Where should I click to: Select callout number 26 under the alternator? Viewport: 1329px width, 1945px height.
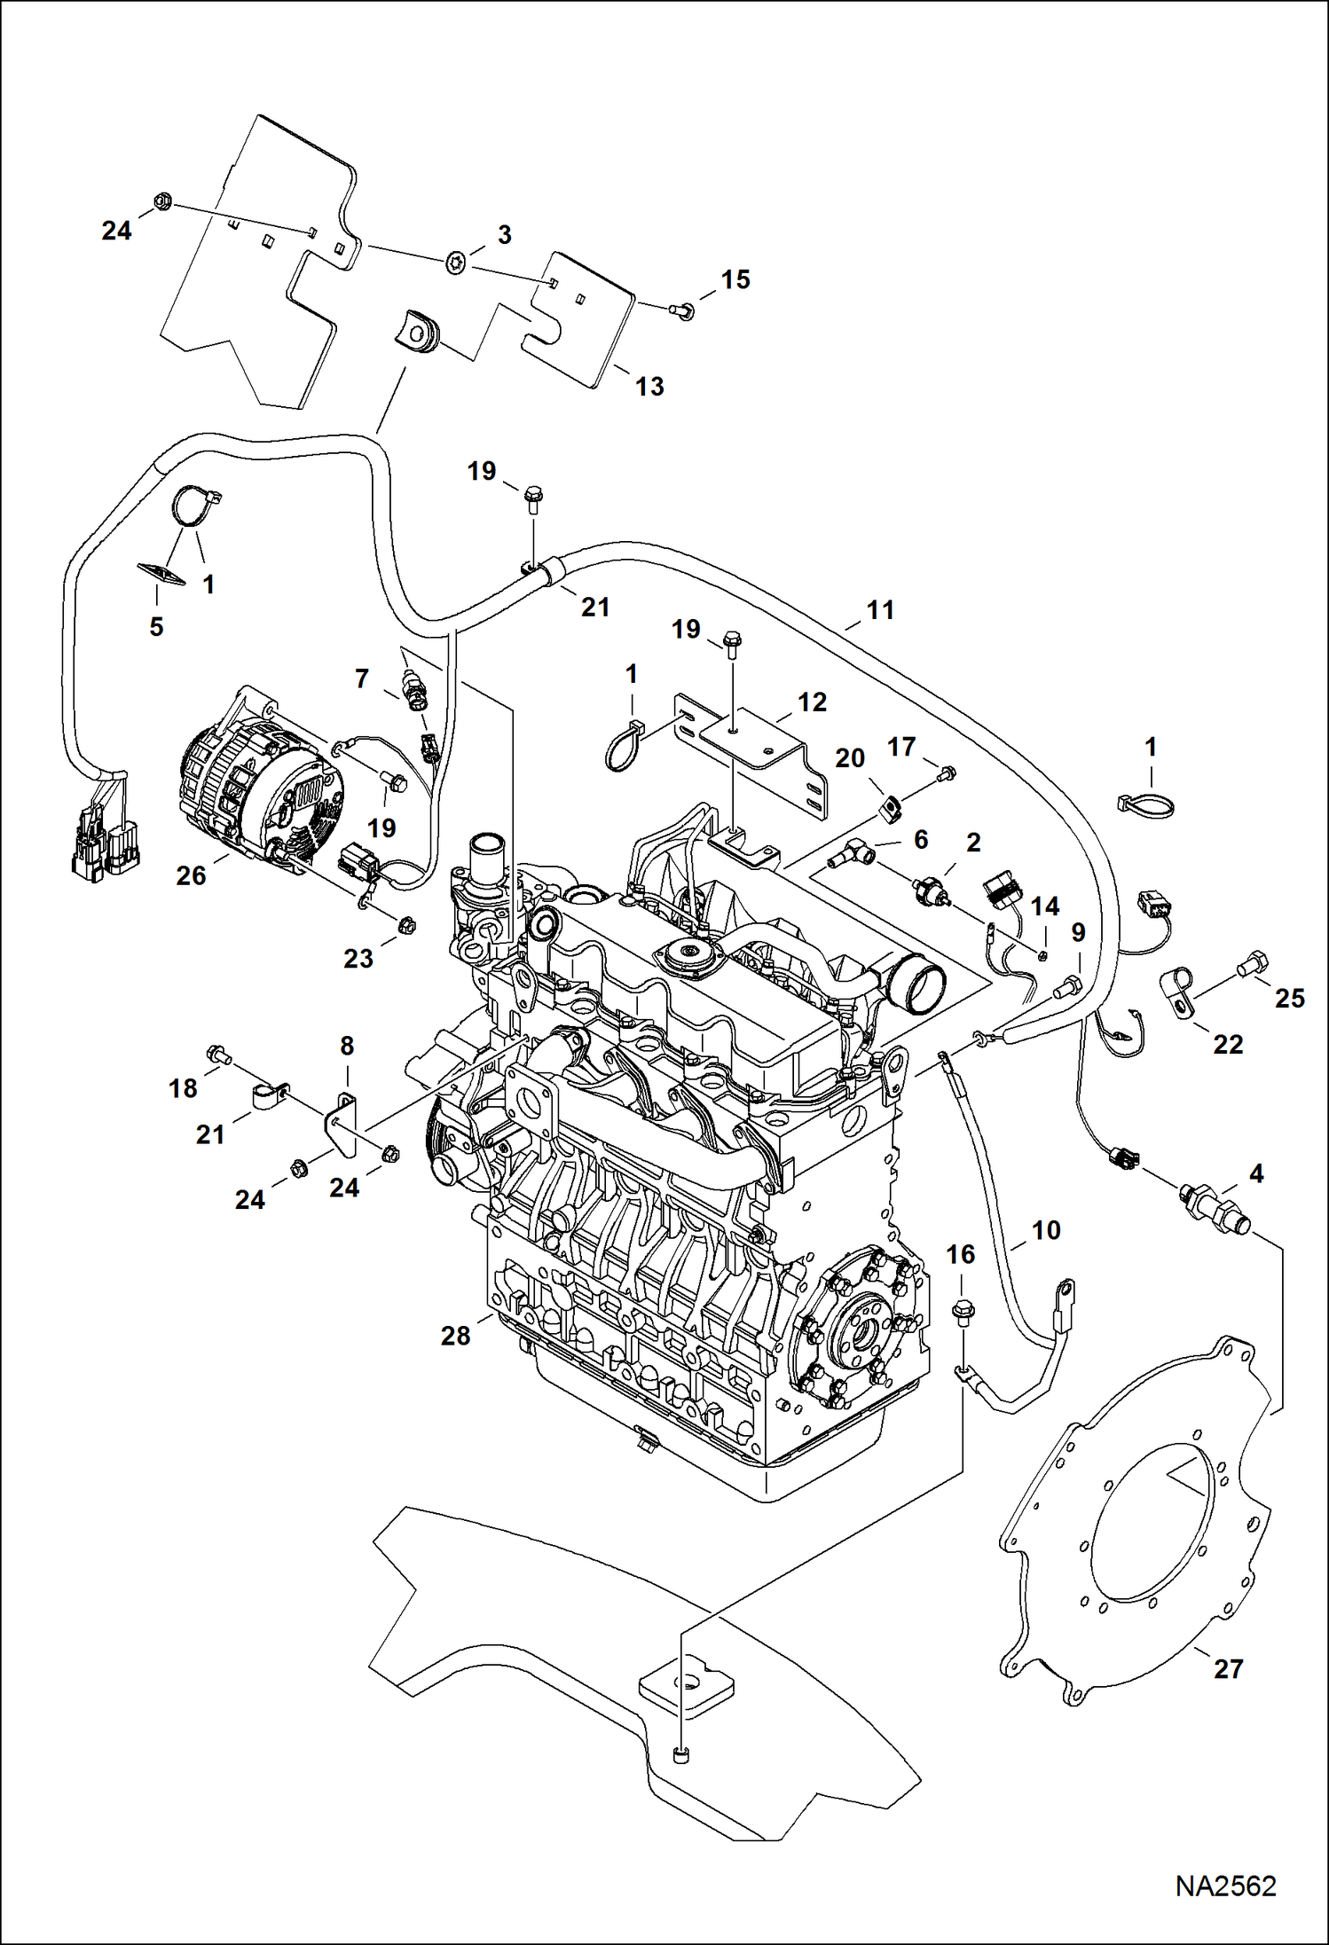click(191, 875)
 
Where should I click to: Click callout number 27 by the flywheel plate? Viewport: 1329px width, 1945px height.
click(1228, 1668)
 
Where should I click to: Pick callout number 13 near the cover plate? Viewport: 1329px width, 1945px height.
click(649, 386)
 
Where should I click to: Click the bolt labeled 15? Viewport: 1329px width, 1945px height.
click(683, 310)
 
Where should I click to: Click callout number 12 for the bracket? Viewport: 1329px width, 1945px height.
click(812, 702)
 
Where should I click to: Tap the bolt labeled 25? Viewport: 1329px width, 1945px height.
click(1254, 961)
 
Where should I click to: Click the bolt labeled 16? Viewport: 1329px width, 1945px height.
click(962, 1309)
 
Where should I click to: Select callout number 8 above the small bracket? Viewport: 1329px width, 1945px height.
click(347, 1046)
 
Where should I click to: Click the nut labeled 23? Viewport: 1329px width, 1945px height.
click(401, 925)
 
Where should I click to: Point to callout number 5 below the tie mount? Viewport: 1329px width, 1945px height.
click(156, 626)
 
